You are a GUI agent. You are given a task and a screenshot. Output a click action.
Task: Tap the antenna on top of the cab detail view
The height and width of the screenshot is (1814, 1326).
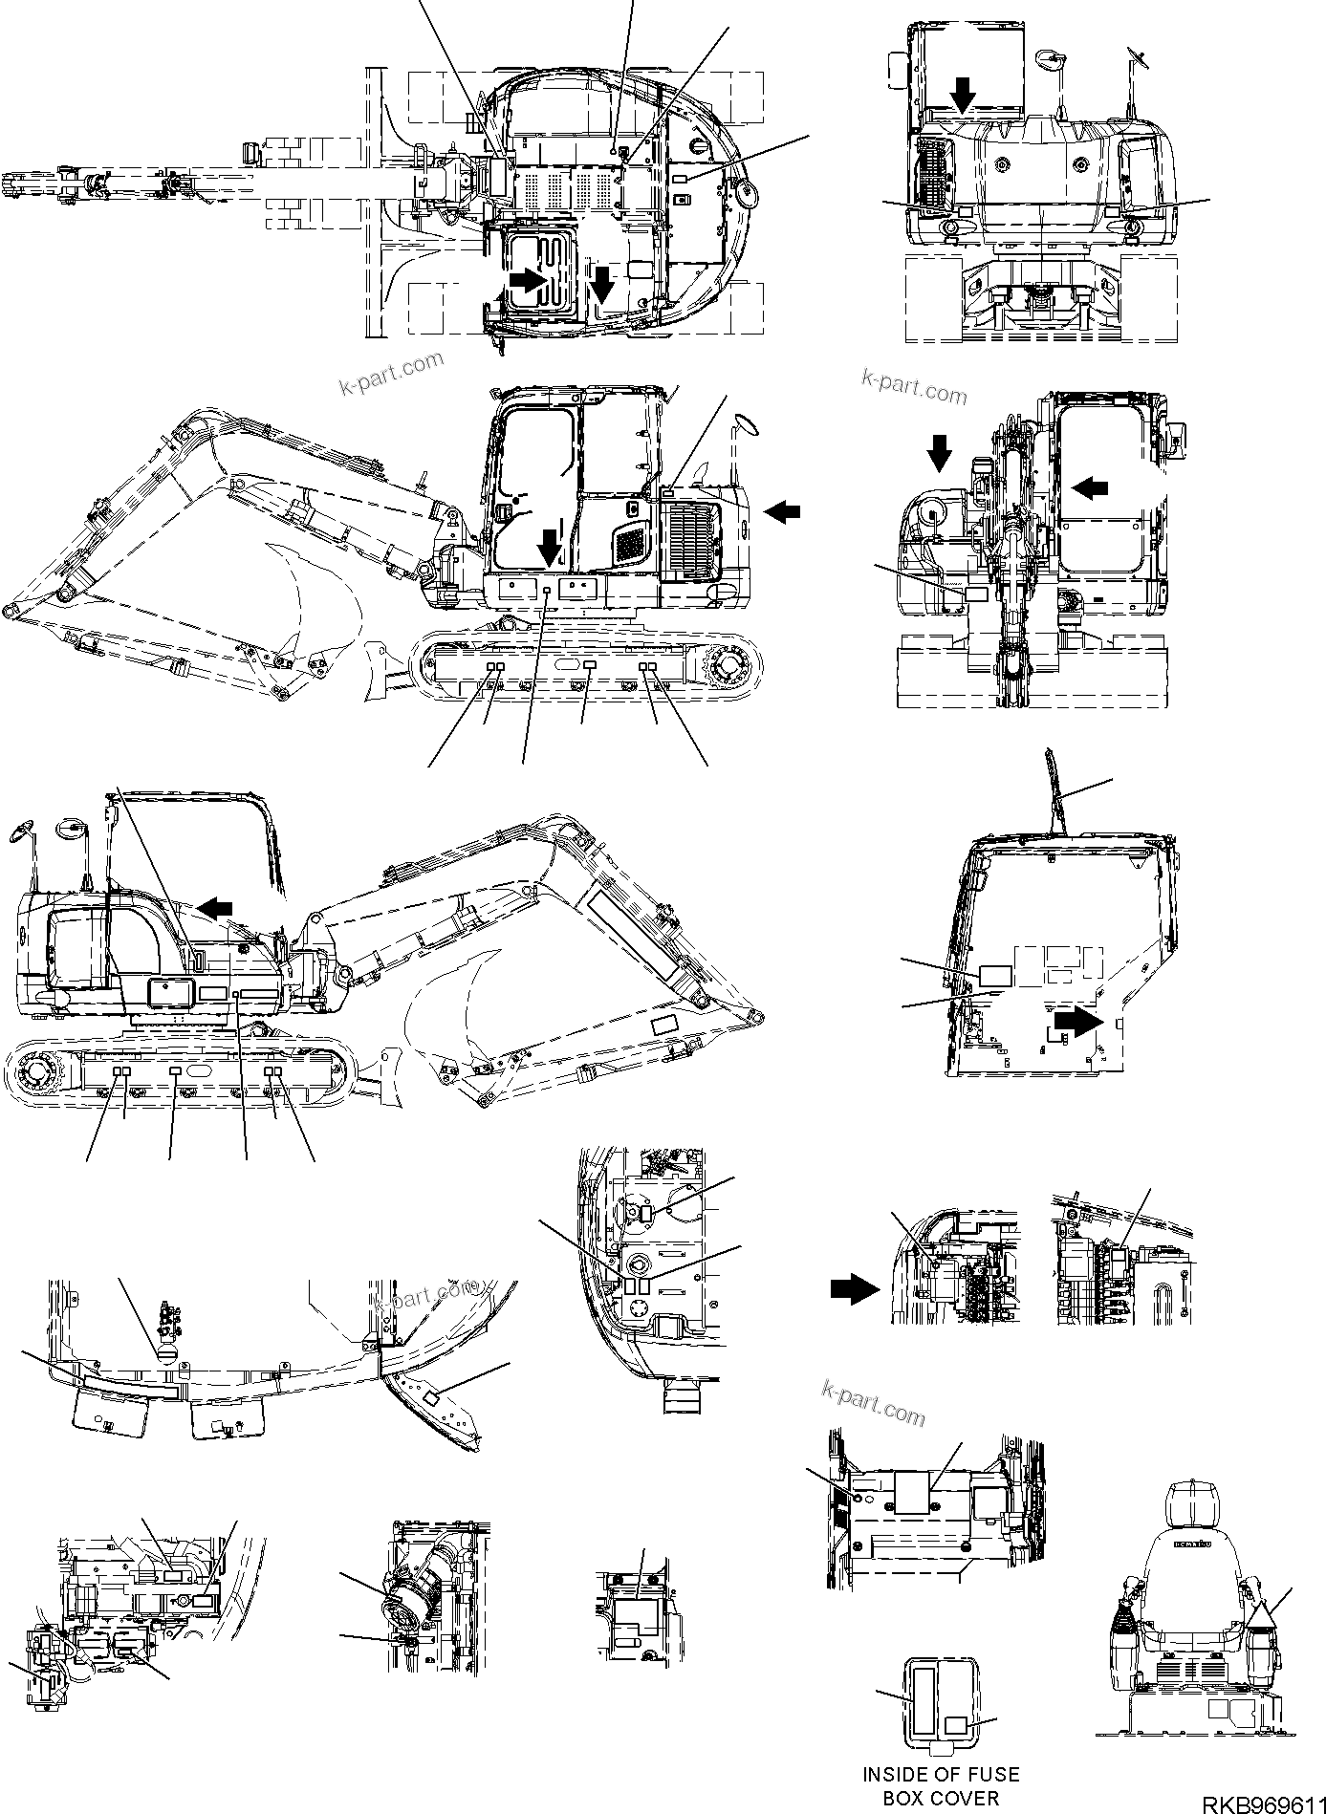[x=1054, y=792]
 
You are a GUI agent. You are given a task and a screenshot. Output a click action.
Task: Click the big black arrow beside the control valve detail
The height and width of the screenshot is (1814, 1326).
[x=853, y=1289]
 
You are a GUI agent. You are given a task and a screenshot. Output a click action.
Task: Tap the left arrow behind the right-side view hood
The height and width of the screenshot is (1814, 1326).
[x=782, y=512]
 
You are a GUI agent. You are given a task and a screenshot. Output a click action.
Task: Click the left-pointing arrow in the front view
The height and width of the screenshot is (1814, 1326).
[x=1089, y=487]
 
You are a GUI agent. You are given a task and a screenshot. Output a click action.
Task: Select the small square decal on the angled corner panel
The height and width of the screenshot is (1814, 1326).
[x=431, y=1397]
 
